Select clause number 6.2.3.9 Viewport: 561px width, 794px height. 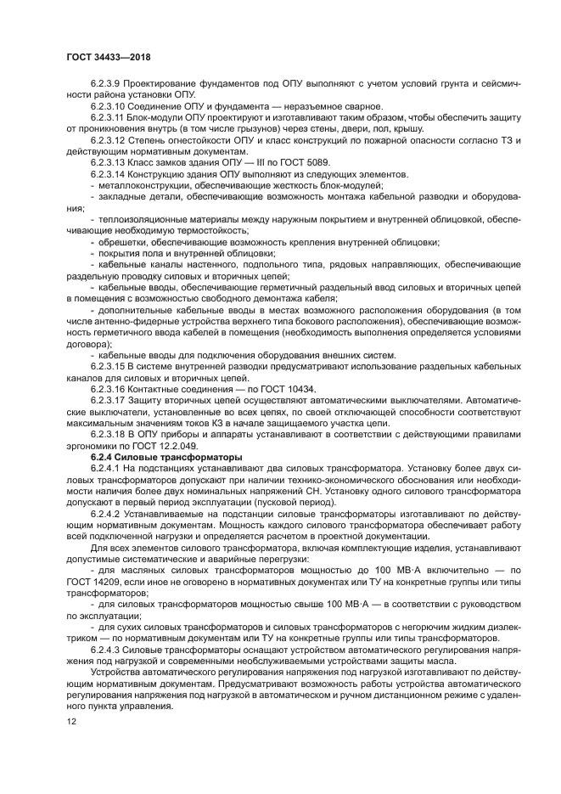pos(107,85)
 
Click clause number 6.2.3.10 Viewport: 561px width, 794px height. pos(109,106)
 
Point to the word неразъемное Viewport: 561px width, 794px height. pos(310,106)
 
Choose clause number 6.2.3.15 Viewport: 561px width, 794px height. pos(109,366)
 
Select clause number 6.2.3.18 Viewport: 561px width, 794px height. pos(109,433)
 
